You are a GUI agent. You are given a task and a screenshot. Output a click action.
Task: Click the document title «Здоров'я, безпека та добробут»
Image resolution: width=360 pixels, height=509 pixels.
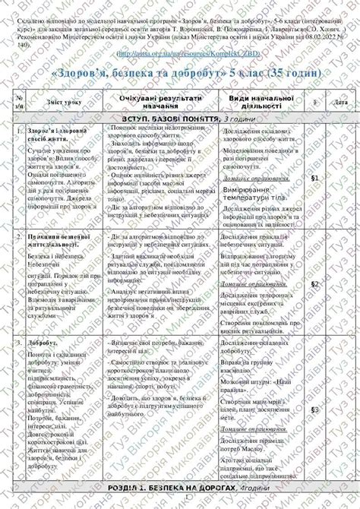179,72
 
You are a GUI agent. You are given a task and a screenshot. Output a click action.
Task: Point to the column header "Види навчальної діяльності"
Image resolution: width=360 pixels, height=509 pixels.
261,103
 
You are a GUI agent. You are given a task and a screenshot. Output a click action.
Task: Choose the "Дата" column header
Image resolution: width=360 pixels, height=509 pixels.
341,102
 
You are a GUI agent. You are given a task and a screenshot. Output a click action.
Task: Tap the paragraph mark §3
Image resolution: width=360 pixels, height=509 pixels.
314,409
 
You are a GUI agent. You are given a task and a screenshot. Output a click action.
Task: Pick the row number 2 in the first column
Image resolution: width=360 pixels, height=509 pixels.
19,237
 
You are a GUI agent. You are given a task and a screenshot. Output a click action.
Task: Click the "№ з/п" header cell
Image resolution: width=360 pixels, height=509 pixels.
19,103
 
